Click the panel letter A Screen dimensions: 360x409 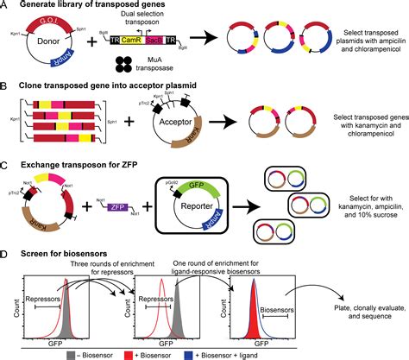pyautogui.click(x=5, y=7)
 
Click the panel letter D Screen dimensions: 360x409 pyautogui.click(x=5, y=256)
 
